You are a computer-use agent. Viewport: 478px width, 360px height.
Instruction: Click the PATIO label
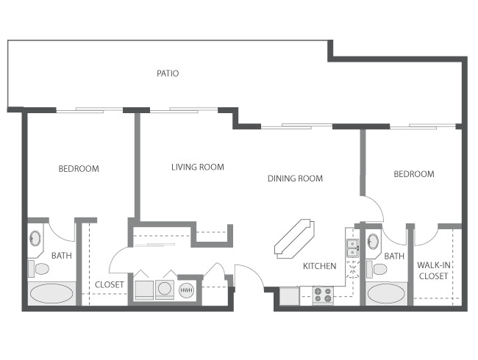pos(168,73)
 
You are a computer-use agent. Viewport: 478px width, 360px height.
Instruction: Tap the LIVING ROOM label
pos(198,167)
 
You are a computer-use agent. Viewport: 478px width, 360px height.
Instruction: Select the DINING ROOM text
pos(295,179)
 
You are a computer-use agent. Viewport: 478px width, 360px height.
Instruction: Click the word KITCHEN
pos(319,266)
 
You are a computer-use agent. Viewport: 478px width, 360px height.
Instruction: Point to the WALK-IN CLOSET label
pos(433,270)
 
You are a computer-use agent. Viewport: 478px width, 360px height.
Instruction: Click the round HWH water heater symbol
pos(186,290)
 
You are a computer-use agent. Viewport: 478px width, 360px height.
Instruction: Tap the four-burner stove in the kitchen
pos(323,295)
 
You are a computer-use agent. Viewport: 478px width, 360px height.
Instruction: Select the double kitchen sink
pos(352,248)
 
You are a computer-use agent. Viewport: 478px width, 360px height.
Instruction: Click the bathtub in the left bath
pos(51,294)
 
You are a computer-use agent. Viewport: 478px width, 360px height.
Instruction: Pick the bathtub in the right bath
pos(386,294)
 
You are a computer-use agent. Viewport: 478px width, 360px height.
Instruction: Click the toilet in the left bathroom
pos(39,269)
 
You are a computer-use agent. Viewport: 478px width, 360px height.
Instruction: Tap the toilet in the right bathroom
pos(377,269)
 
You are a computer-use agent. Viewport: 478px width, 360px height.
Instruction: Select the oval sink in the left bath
pos(35,238)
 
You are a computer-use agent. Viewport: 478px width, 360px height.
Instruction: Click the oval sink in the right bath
pos(373,241)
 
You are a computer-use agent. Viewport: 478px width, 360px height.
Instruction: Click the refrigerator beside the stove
pos(289,295)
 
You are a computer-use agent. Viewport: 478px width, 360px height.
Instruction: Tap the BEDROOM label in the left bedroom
pos(79,169)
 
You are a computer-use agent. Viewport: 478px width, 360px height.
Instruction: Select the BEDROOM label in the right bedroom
pos(414,174)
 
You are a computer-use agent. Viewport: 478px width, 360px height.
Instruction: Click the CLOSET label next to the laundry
pos(109,285)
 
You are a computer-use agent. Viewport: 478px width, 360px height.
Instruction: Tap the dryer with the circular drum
pos(164,289)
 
